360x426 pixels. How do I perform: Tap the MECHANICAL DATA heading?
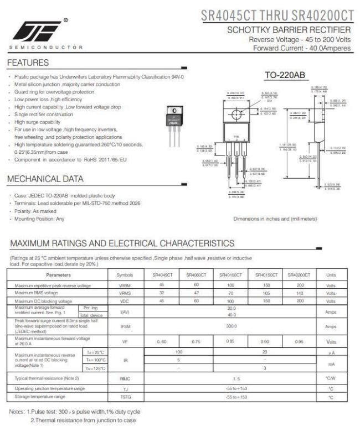click(45, 179)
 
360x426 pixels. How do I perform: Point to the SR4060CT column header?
click(196, 274)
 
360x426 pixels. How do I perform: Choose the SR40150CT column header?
click(265, 274)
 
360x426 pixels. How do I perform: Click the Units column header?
click(331, 274)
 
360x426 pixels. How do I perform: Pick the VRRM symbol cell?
click(126, 285)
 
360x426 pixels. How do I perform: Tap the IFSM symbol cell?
click(126, 326)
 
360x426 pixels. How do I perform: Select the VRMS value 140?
click(300, 293)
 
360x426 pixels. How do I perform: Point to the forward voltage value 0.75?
click(196, 341)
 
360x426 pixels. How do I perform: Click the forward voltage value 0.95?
click(300, 341)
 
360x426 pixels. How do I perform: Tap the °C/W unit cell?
click(331, 378)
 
